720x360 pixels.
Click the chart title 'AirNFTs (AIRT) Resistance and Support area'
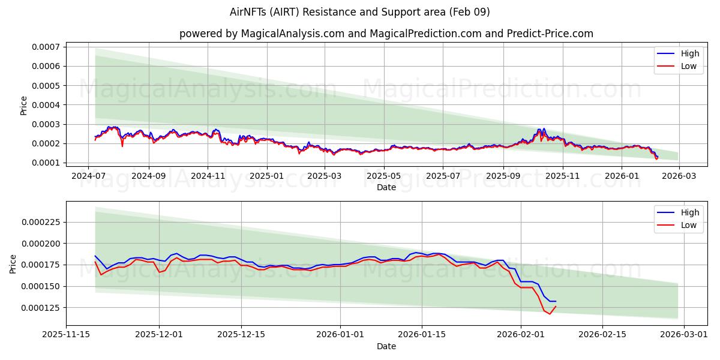click(359, 12)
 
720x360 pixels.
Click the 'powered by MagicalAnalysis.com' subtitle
click(386, 34)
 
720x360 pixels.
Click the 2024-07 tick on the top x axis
click(89, 176)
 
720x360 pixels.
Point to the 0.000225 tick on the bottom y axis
click(42, 222)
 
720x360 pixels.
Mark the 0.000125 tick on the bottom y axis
click(42, 308)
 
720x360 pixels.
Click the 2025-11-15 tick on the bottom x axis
click(66, 335)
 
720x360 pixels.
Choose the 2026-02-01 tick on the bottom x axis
click(521, 335)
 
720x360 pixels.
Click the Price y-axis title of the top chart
click(24, 105)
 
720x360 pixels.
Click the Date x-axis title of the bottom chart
click(386, 346)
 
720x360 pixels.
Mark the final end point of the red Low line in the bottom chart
click(556, 307)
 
